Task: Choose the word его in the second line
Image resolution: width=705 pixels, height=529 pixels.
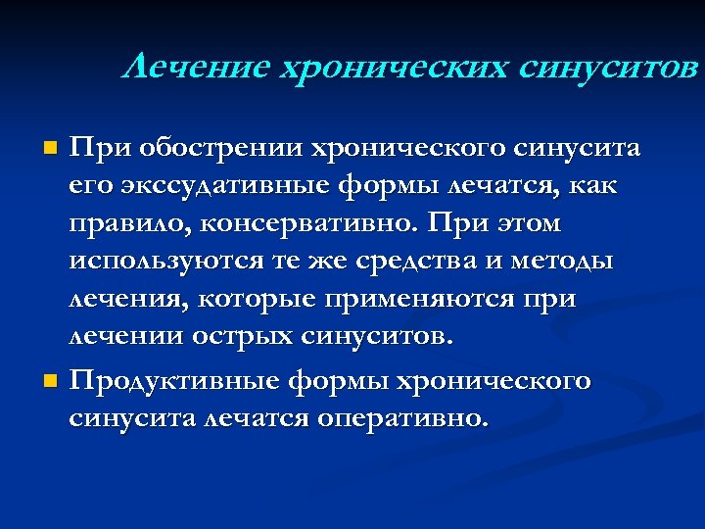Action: tap(88, 186)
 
